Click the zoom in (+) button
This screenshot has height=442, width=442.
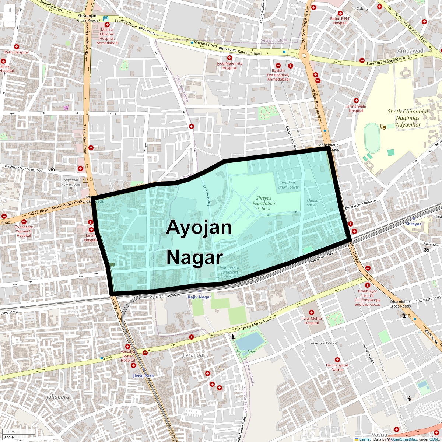click(10, 10)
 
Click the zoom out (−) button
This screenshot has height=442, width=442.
click(10, 21)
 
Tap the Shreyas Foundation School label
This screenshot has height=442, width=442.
click(264, 203)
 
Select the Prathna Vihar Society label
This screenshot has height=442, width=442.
click(288, 185)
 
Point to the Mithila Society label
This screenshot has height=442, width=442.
click(312, 203)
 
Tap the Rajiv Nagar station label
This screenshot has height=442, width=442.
click(200, 297)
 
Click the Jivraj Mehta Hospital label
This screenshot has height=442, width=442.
click(312, 320)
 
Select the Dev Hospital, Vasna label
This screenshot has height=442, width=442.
click(337, 367)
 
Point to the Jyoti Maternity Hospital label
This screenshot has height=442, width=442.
click(229, 66)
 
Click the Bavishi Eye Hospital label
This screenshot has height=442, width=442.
click(278, 75)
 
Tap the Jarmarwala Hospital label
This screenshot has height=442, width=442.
click(356, 108)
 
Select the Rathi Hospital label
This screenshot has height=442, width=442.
click(17, 52)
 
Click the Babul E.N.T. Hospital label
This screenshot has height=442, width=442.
click(340, 21)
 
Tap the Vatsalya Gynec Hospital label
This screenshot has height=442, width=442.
click(128, 356)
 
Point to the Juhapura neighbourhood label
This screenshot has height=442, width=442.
click(58, 397)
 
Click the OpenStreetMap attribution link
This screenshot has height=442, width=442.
click(404, 439)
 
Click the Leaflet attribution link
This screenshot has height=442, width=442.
click(365, 439)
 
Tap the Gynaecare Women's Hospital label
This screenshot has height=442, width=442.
click(24, 231)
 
